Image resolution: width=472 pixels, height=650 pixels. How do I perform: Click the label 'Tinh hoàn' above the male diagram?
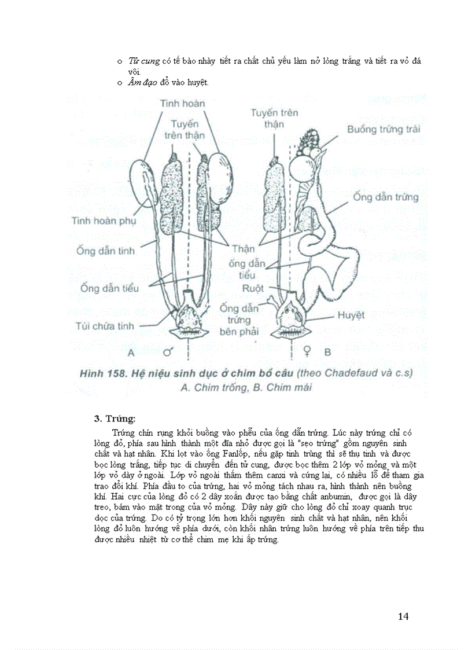[182, 103]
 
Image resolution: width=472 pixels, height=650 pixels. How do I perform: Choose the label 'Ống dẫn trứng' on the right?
[385, 197]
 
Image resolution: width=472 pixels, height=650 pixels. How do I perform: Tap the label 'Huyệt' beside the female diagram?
[352, 316]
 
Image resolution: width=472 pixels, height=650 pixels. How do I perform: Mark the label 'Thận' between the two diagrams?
[243, 249]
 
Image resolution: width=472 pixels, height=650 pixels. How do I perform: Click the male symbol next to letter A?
[169, 351]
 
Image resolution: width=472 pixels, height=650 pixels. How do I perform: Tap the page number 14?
[403, 616]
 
